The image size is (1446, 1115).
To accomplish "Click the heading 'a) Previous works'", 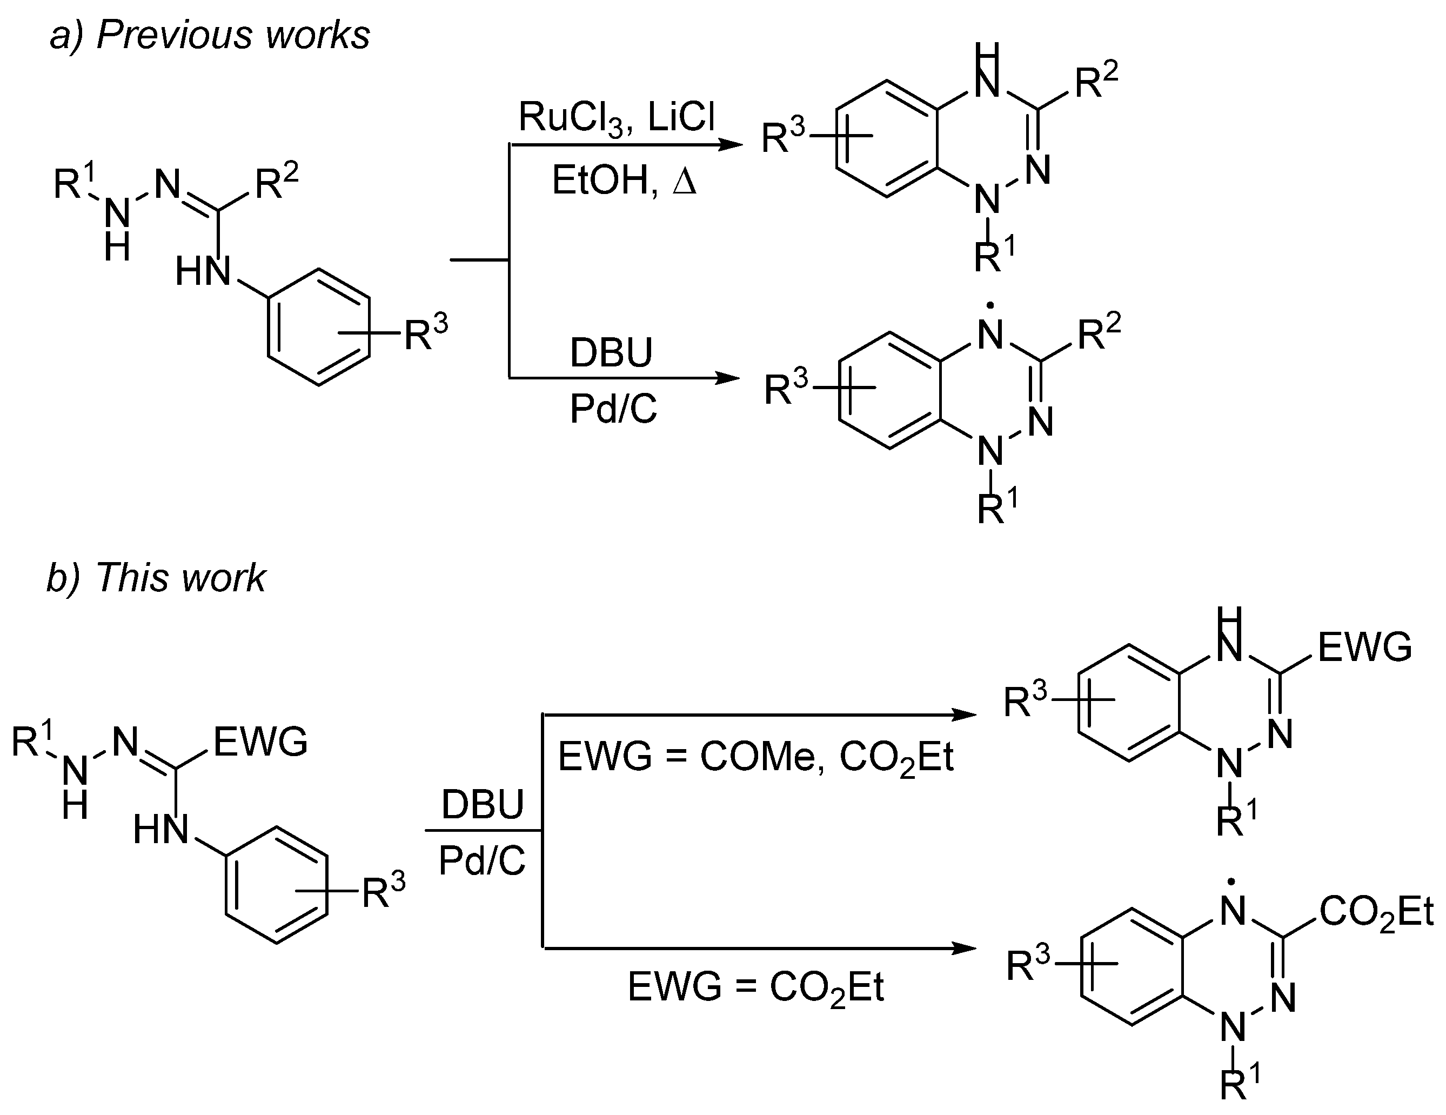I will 210,35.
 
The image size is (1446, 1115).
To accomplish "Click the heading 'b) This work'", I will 156,577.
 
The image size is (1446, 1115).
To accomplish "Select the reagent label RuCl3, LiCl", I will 617,119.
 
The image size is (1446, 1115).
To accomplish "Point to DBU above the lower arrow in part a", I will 611,353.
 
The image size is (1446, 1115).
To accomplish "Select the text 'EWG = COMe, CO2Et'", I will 755,757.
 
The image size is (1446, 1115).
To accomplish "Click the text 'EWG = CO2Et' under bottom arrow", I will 755,988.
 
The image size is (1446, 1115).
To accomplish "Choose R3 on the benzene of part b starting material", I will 383,892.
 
